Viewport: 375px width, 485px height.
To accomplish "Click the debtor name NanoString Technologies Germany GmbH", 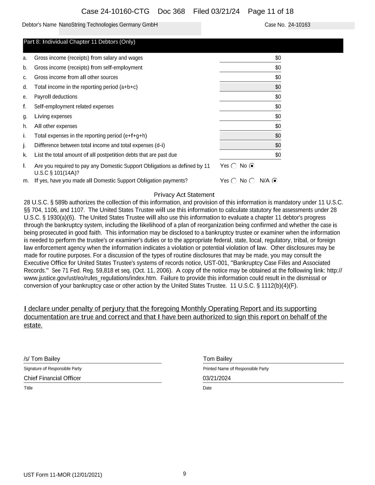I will pos(108,25).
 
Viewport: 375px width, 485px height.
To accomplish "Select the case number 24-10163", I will pos(299,25).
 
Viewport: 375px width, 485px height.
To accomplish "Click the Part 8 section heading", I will pos(79,42).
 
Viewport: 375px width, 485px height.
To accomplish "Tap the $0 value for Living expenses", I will pos(278,117).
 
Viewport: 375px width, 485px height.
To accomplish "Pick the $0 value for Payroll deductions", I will pos(278,97).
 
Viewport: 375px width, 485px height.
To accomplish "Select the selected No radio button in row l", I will pos(252,166).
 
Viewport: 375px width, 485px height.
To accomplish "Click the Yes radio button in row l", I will pos(234,166).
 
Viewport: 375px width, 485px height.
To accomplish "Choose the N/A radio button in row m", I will pos(274,181).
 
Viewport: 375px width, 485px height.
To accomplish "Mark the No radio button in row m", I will pos(252,181).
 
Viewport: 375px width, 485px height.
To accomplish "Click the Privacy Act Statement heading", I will pos(184,195).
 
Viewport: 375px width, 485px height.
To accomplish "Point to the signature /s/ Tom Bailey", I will pos(42,359).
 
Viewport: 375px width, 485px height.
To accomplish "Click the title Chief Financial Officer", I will pos(52,378).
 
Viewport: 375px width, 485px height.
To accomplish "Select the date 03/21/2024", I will pos(217,378).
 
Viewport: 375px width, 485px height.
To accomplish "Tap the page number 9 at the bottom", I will pos(184,474).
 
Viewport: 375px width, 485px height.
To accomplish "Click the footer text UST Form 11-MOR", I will pos(63,475).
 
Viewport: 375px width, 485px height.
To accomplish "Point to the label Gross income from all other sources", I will pos(76,77).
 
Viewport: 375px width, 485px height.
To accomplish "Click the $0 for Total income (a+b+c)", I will pos(278,87).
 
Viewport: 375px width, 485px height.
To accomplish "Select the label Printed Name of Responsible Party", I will pos(236,369).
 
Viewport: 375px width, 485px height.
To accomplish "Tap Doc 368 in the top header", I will pos(171,11).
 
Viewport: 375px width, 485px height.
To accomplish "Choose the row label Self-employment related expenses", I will pos(74,107).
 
